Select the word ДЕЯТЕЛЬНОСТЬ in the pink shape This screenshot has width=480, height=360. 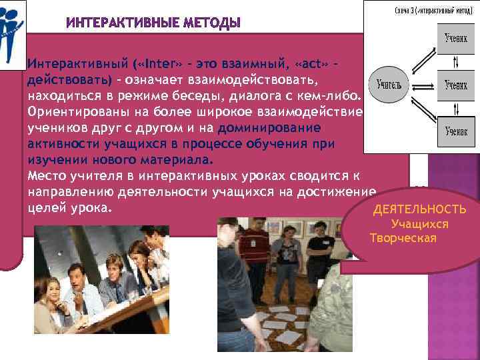[x=419, y=211]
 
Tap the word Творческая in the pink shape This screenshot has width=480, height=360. [x=403, y=239]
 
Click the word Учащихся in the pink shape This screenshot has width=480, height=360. [x=419, y=225]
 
